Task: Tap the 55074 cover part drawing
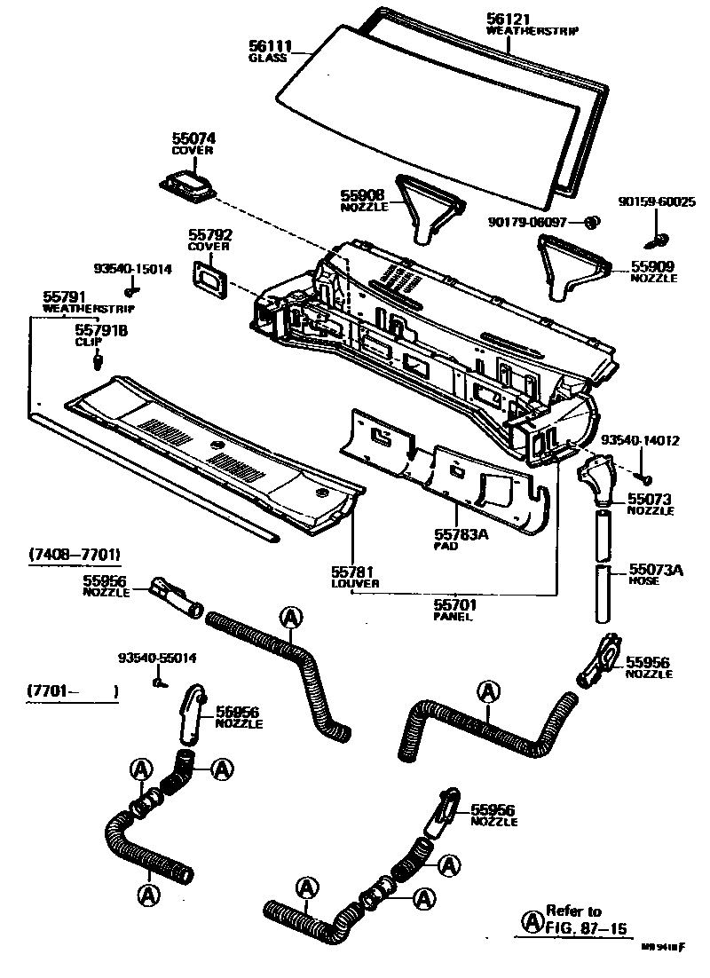(188, 187)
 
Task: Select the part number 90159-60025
(657, 202)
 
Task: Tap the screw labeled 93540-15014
(131, 289)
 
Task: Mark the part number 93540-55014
(157, 659)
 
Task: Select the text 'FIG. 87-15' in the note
(586, 929)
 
